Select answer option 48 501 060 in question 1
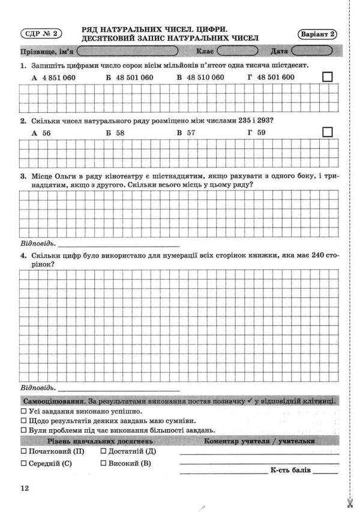130,77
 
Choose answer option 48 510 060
201,77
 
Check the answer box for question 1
328,77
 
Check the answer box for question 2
328,133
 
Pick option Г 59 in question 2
256,133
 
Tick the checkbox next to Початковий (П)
23,451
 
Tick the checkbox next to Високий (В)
104,463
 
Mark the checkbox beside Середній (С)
23,463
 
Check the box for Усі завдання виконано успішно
23,412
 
